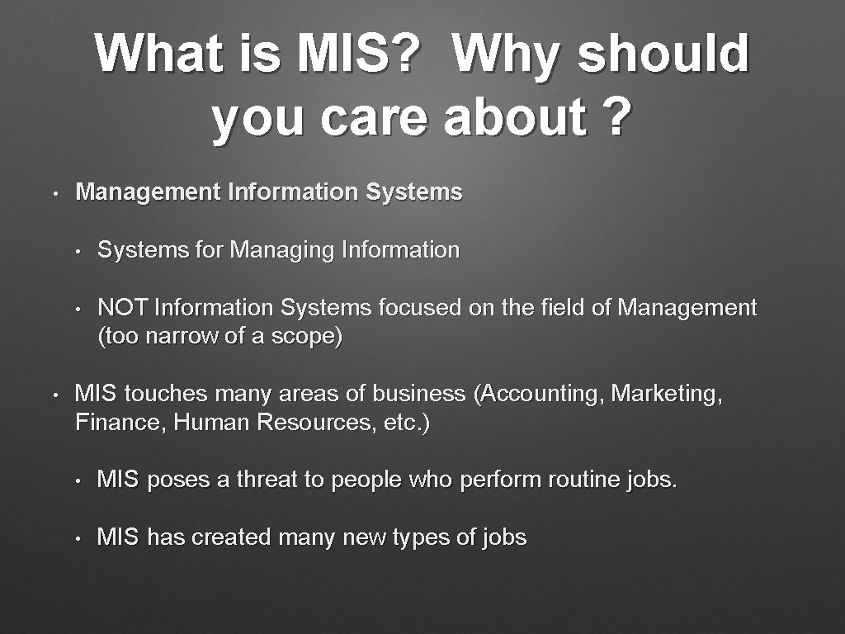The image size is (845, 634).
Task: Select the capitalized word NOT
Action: coord(122,308)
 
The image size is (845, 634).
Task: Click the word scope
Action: coord(305,337)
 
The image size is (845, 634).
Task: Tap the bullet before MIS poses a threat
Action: coord(77,480)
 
